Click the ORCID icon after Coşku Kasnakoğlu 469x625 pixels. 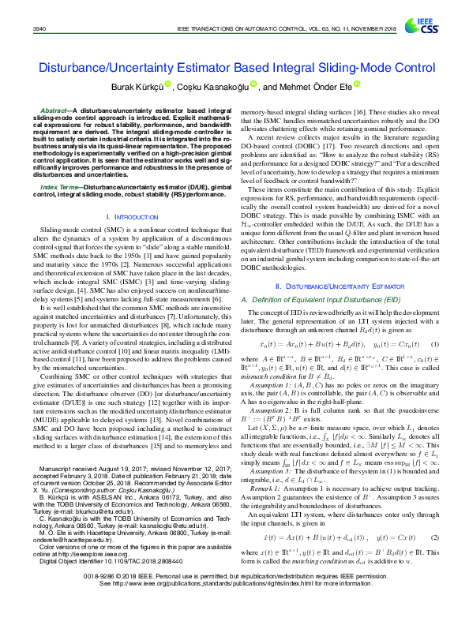coord(253,84)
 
